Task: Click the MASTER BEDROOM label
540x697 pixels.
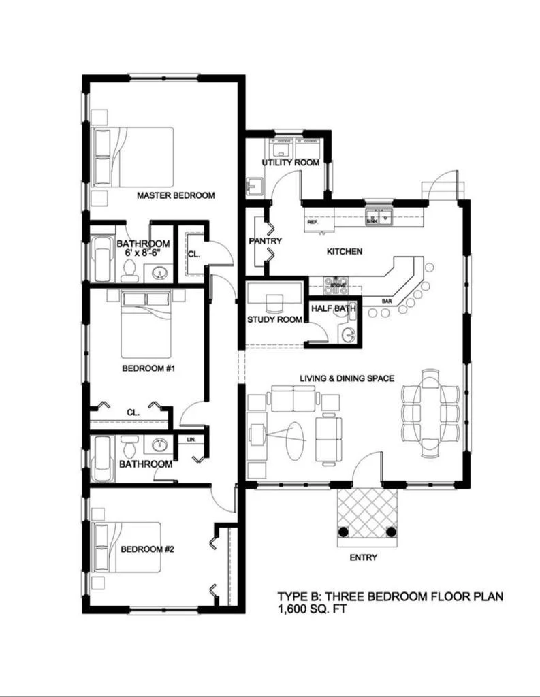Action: pyautogui.click(x=176, y=195)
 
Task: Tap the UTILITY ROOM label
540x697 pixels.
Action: pyautogui.click(x=291, y=163)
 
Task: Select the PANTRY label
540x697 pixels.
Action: pyautogui.click(x=266, y=241)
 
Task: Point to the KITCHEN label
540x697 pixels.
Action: pyautogui.click(x=345, y=251)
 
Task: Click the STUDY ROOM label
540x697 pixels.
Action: pyautogui.click(x=274, y=319)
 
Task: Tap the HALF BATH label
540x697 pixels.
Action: pyautogui.click(x=334, y=309)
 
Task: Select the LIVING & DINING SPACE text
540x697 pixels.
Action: pyautogui.click(x=347, y=378)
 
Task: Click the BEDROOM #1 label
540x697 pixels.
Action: pyautogui.click(x=149, y=369)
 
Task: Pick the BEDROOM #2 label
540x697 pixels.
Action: pyautogui.click(x=148, y=549)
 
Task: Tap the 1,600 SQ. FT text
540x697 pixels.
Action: pyautogui.click(x=313, y=610)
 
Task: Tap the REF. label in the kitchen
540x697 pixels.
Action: pyautogui.click(x=313, y=223)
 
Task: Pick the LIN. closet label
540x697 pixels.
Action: pyautogui.click(x=191, y=440)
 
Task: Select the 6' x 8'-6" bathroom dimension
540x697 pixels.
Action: pyautogui.click(x=143, y=253)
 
